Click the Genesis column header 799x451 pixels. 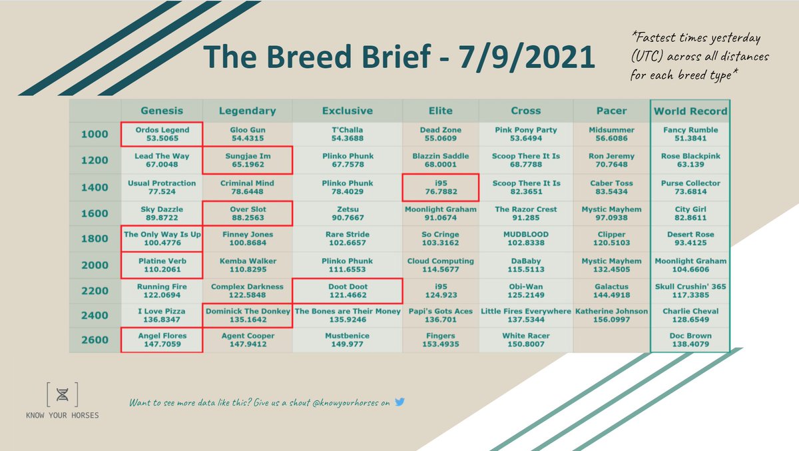pyautogui.click(x=161, y=111)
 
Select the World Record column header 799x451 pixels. pyautogui.click(x=690, y=111)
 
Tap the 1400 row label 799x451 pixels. pyautogui.click(x=94, y=187)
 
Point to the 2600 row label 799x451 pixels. pyautogui.click(x=94, y=340)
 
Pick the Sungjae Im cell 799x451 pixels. pyautogui.click(x=247, y=161)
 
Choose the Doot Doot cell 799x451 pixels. pyautogui.click(x=347, y=291)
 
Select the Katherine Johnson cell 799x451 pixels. pyautogui.click(x=611, y=316)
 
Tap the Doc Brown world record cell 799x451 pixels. pyautogui.click(x=690, y=340)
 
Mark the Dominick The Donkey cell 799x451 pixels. pyautogui.click(x=247, y=316)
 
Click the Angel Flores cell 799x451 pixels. pyautogui.click(x=161, y=340)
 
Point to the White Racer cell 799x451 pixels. pyautogui.click(x=526, y=340)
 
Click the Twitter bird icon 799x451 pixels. pyautogui.click(x=400, y=402)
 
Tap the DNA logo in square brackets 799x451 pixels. pyautogui.click(x=62, y=395)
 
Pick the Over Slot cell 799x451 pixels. pyautogui.click(x=247, y=213)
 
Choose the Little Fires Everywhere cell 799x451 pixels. pyautogui.click(x=526, y=316)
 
